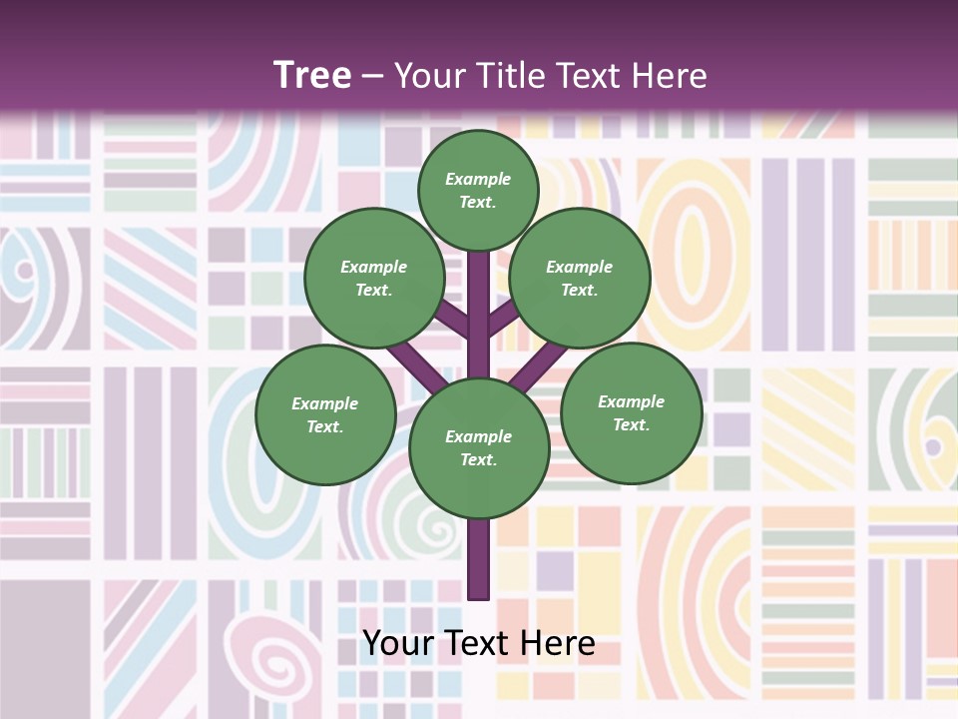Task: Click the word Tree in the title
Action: (x=312, y=75)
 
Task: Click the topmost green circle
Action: (x=478, y=190)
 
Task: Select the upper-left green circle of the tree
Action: (x=374, y=278)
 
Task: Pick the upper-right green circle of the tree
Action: (x=580, y=278)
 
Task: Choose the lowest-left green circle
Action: (x=325, y=414)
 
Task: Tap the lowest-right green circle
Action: (x=631, y=412)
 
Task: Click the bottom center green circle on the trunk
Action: (x=479, y=448)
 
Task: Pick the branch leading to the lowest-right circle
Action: (x=539, y=365)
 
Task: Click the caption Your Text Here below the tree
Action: (x=479, y=644)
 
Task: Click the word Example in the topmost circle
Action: (x=478, y=179)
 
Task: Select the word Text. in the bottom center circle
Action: (x=478, y=460)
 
